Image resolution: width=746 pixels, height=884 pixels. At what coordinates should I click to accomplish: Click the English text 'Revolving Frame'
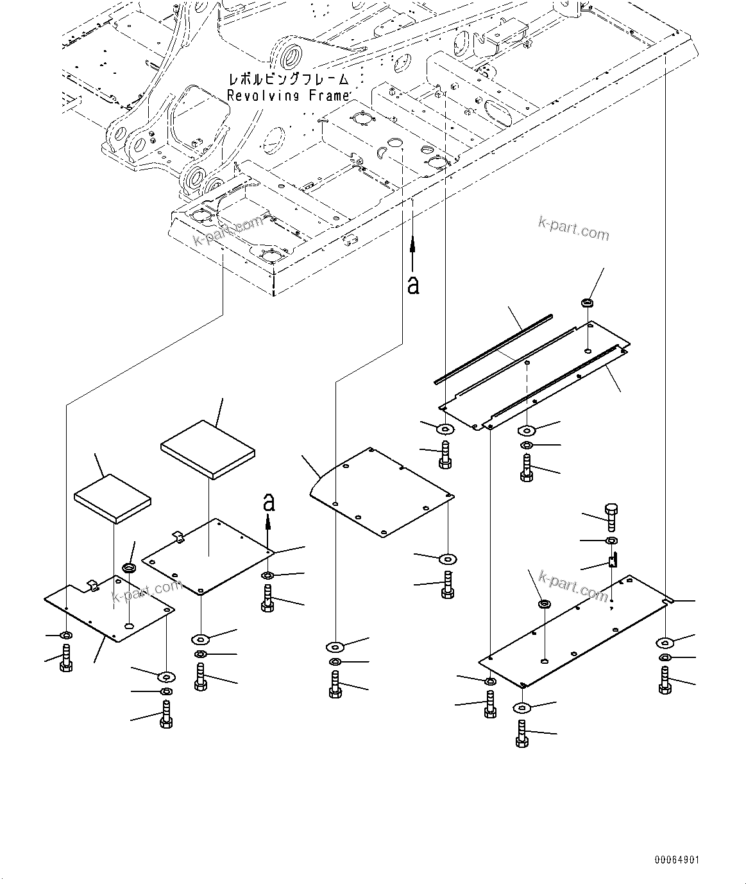point(288,96)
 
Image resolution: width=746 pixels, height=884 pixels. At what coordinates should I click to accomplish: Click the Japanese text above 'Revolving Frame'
point(288,80)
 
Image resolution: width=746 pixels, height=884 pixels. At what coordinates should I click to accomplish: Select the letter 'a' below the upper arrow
point(413,284)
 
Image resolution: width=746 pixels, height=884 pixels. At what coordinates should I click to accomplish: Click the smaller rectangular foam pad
point(113,499)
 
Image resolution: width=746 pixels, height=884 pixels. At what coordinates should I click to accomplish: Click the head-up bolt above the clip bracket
point(611,514)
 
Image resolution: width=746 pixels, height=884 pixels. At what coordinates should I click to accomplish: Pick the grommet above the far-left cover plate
point(129,569)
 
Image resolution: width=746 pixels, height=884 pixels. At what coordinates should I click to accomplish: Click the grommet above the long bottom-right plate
point(544,604)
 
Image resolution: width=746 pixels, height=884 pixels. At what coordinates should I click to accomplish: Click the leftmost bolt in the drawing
point(65,658)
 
